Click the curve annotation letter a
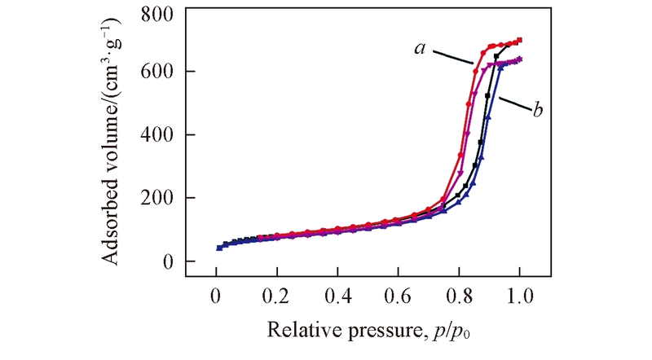(420, 49)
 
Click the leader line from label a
(453, 59)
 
